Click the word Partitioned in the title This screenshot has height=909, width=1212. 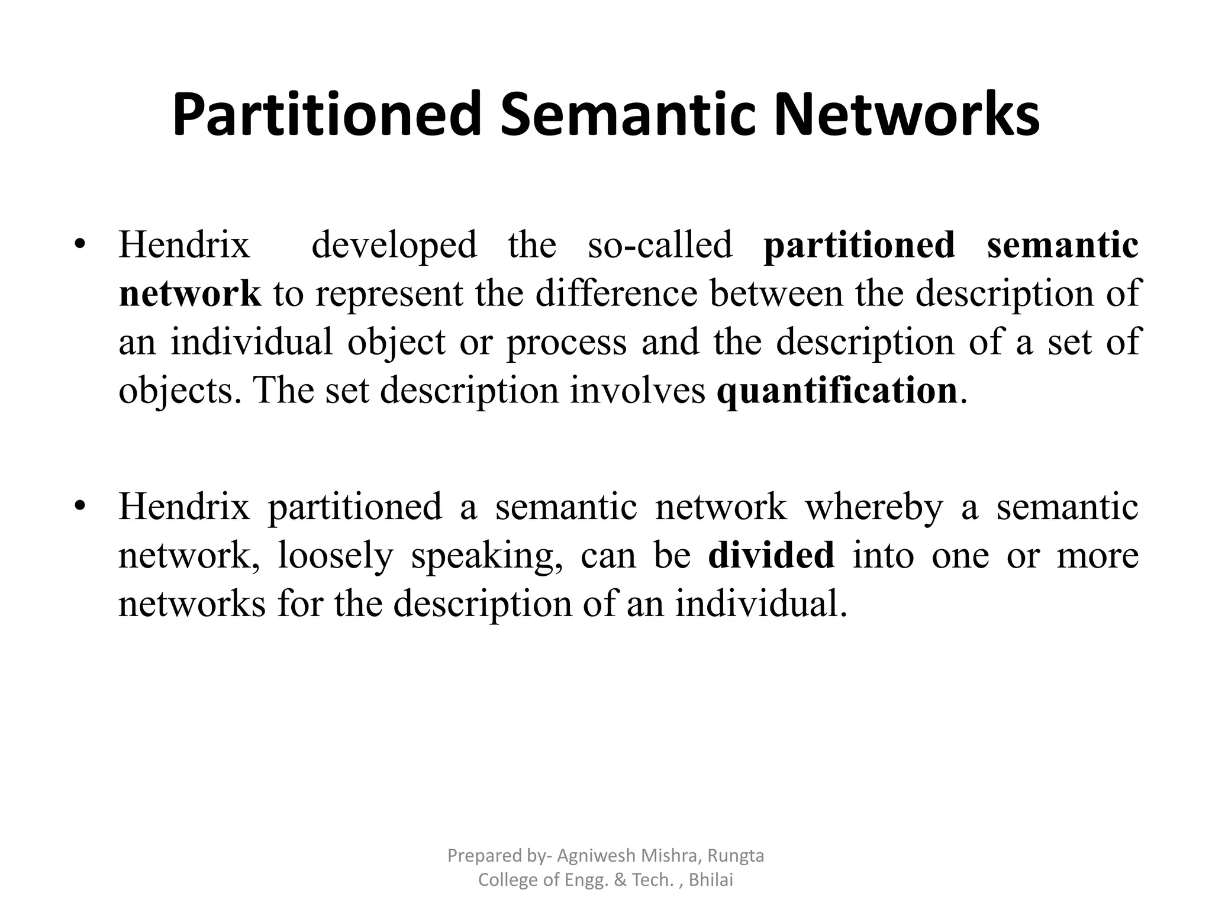click(x=327, y=115)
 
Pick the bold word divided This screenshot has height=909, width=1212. click(x=771, y=555)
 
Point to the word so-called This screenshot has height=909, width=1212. click(x=660, y=244)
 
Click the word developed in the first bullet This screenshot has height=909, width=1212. click(x=394, y=244)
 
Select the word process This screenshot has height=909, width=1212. click(x=566, y=343)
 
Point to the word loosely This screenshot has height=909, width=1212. click(x=336, y=556)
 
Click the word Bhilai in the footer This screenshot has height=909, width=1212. click(x=711, y=880)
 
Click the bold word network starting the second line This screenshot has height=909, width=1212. click(x=190, y=294)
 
